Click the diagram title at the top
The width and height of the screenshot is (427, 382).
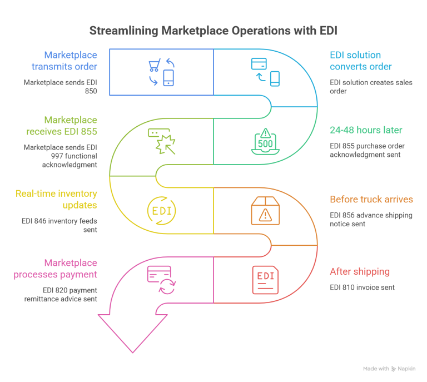tap(213, 30)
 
